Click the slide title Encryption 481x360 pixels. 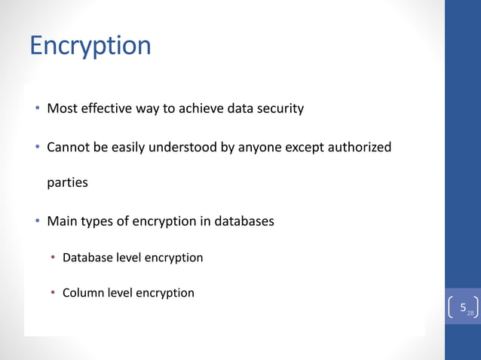90,46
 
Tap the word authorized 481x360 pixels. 360,147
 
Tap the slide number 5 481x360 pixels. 463,308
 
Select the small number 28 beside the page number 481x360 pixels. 470,313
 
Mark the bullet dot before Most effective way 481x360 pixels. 37,108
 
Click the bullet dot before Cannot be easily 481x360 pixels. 37,147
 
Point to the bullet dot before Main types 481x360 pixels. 37,221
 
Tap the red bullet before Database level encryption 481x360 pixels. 53,258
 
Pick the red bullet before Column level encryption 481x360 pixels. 53,293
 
